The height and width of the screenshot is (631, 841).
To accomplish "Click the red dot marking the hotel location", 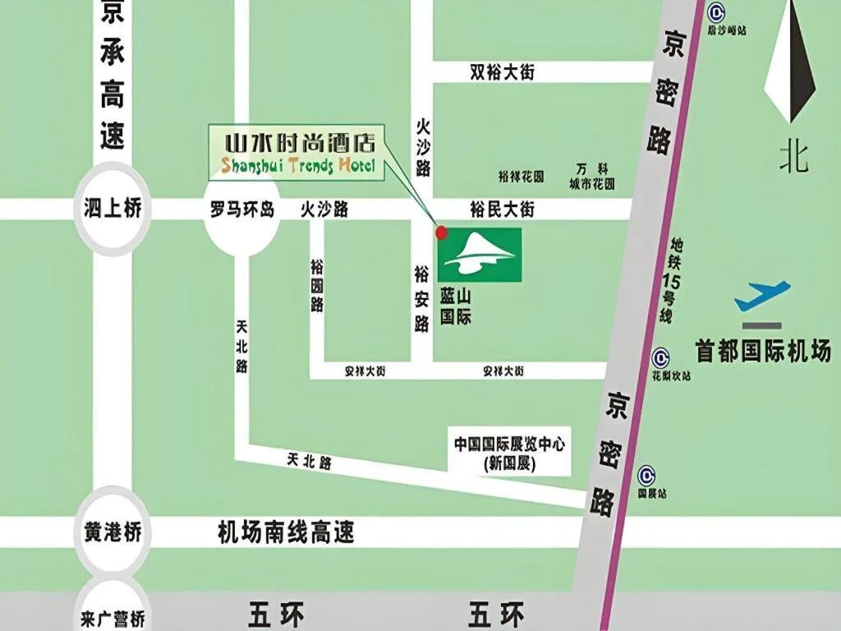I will click(x=442, y=233).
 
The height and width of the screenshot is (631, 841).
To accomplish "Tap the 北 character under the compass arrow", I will click(x=793, y=156).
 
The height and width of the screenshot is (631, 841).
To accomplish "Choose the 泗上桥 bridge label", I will click(x=113, y=209).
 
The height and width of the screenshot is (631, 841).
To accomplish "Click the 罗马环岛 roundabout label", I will click(x=241, y=210).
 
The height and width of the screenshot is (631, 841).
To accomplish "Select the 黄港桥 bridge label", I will click(x=113, y=532).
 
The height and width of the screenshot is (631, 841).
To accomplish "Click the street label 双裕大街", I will click(x=502, y=72).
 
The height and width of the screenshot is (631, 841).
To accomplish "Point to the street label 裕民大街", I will click(x=502, y=210).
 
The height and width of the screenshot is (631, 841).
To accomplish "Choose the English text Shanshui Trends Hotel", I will click(x=297, y=167).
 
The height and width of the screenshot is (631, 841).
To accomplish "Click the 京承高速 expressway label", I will click(x=112, y=78).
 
